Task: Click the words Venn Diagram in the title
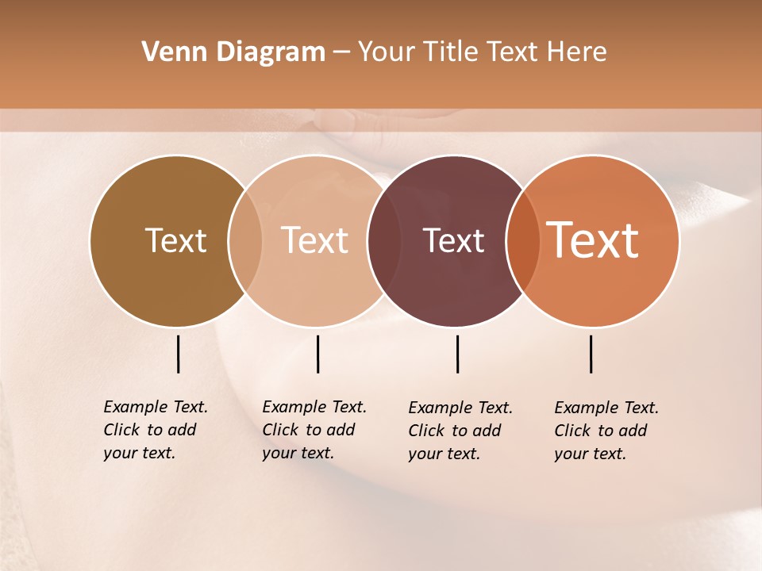point(233,52)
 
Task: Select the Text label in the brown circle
point(175,240)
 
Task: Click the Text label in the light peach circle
point(315,240)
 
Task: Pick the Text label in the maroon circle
point(453,240)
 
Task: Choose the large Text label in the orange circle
point(593,240)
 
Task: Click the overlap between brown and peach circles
point(245,240)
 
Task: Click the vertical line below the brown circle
point(179,354)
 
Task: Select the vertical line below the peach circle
point(317,354)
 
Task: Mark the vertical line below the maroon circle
point(458,354)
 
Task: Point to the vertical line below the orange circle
point(591,354)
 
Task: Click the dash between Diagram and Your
point(341,52)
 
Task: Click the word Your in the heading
point(387,52)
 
